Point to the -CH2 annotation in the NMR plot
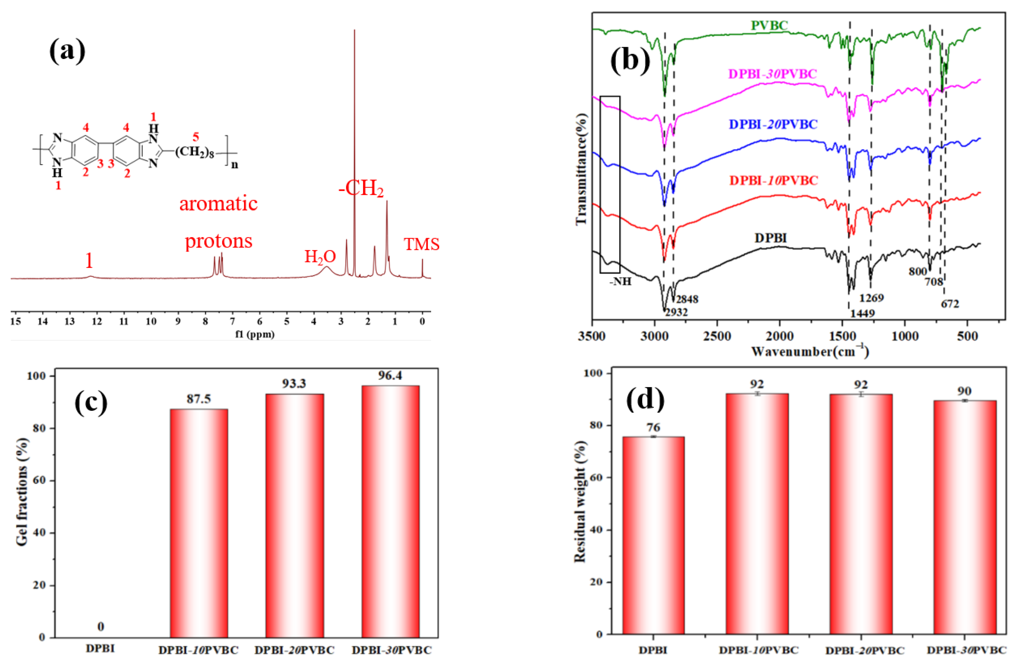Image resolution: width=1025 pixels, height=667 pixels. pos(361,188)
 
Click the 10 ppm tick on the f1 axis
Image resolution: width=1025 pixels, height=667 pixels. pos(151,321)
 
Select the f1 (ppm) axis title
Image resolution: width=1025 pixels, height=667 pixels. pos(255,334)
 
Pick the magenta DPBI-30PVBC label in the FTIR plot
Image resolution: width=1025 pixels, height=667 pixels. pos(772,74)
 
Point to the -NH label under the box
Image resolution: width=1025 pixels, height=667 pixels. pos(620,282)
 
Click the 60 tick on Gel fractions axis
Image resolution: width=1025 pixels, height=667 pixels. pos(39,480)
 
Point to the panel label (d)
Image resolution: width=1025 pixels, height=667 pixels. pos(645,399)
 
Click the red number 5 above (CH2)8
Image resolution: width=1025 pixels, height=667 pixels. pos(196,137)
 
